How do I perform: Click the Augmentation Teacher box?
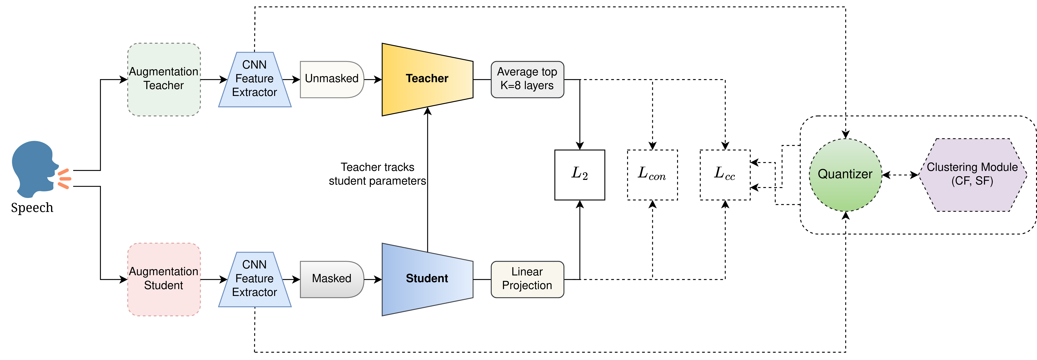(164, 79)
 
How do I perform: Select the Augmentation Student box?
(164, 279)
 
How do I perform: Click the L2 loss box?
(579, 175)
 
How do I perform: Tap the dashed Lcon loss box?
(652, 175)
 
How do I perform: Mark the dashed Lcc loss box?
(725, 175)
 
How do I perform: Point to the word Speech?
(32, 208)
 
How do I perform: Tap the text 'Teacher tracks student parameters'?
(377, 174)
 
